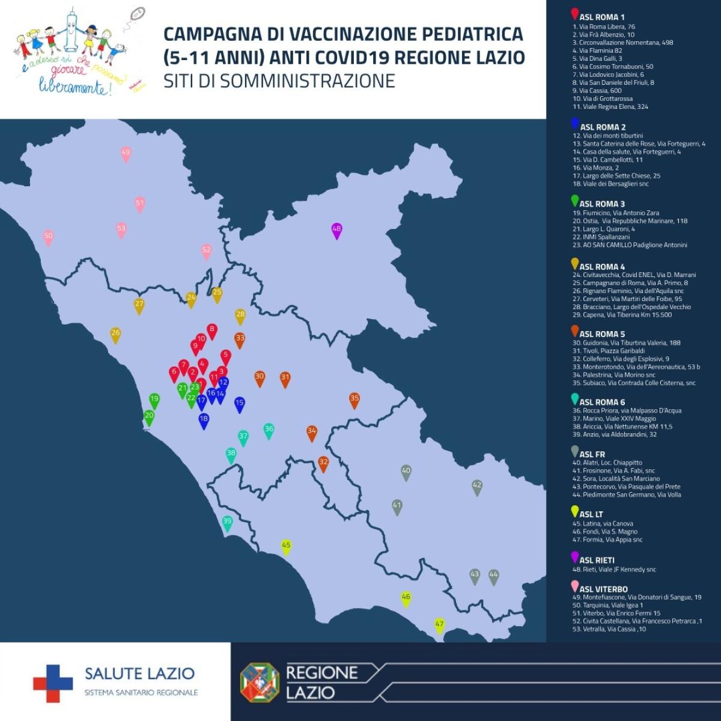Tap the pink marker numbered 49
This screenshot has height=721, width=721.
click(126, 154)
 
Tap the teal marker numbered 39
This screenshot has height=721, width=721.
click(227, 523)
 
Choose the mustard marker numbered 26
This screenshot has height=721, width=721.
click(116, 334)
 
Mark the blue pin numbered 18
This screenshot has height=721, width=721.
click(204, 421)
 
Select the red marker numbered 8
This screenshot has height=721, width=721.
click(211, 330)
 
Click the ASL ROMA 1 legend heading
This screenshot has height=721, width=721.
click(602, 17)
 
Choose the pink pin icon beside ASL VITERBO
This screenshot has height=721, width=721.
click(575, 587)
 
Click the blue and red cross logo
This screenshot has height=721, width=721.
click(53, 683)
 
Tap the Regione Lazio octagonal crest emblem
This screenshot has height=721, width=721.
click(260, 682)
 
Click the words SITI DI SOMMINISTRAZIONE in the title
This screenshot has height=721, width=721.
click(279, 81)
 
